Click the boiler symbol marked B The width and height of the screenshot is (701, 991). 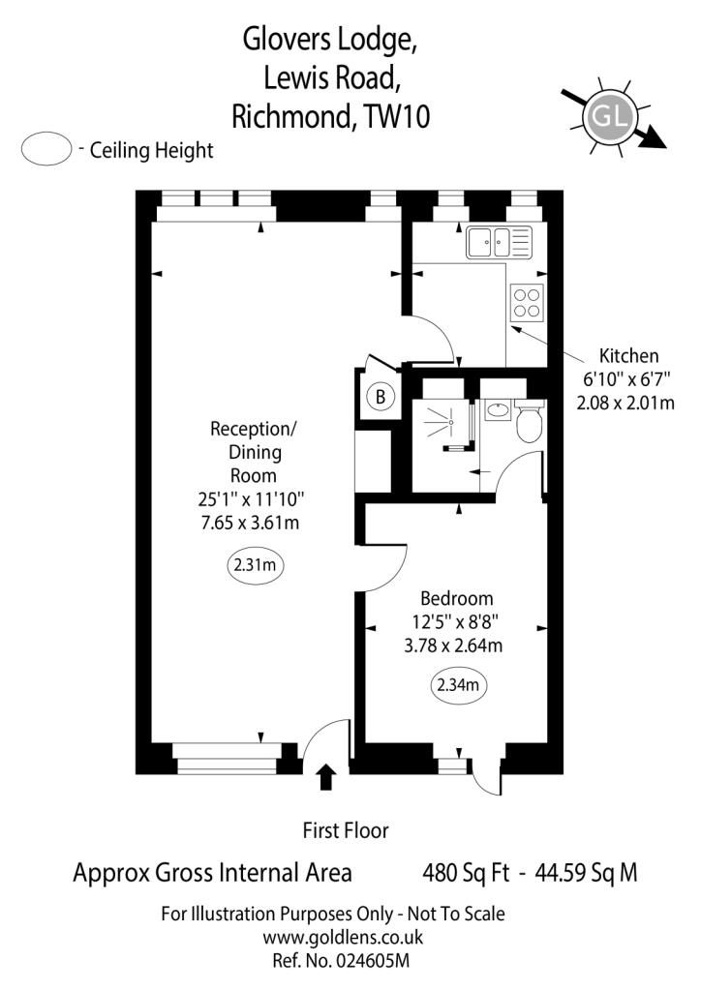tap(381, 397)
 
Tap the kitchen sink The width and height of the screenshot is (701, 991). tap(498, 243)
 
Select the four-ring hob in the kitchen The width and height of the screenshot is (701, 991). tap(527, 303)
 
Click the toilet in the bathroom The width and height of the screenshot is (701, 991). tap(529, 420)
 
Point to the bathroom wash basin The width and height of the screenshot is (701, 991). tap(499, 409)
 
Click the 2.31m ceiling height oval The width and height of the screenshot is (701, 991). tap(255, 564)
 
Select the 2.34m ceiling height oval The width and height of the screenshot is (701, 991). tap(458, 684)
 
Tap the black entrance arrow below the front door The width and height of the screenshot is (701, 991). tap(325, 777)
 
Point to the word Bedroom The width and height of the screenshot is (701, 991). tap(457, 598)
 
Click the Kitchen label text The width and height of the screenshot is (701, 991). tap(629, 356)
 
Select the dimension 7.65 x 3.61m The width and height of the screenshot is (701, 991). tap(251, 523)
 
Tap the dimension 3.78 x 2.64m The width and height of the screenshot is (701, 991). tap(453, 646)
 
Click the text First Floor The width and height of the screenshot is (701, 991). tap(346, 829)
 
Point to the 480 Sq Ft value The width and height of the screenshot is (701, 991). tap(466, 873)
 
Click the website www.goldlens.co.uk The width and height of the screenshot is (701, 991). tap(343, 937)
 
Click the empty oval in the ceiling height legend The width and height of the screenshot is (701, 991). tap(46, 148)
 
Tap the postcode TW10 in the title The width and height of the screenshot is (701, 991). tap(398, 117)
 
